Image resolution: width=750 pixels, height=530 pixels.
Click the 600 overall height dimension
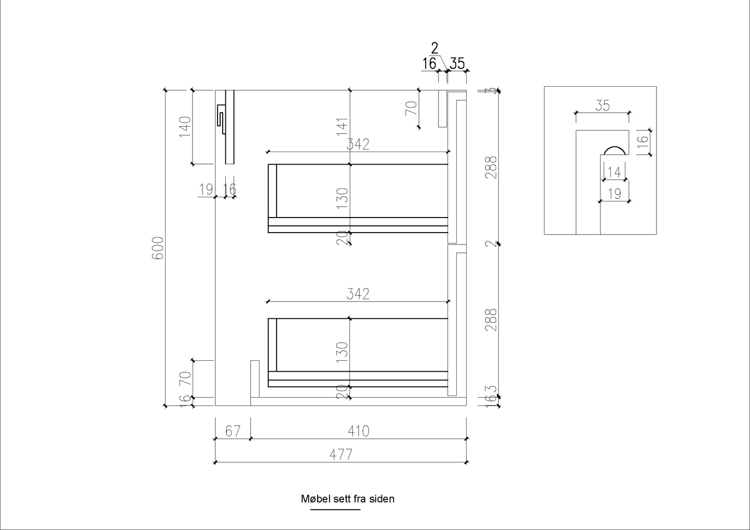[158, 248]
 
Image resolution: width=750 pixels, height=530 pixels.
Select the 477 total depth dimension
[340, 454]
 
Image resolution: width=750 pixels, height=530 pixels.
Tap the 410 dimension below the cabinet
[358, 431]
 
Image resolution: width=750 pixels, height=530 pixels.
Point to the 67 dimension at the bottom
[233, 431]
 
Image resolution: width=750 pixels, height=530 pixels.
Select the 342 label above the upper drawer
[358, 144]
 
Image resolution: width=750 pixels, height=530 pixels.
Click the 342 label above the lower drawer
[358, 294]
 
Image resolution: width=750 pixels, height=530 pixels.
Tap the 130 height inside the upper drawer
[342, 198]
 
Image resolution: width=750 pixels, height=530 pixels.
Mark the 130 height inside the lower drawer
[342, 352]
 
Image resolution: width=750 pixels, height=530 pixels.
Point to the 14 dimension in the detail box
[614, 172]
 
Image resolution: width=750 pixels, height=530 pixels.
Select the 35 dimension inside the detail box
[602, 106]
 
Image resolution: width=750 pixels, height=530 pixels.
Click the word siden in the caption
[382, 499]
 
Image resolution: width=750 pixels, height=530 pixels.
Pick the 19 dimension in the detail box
[615, 194]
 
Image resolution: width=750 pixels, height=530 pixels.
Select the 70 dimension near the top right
[411, 108]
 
